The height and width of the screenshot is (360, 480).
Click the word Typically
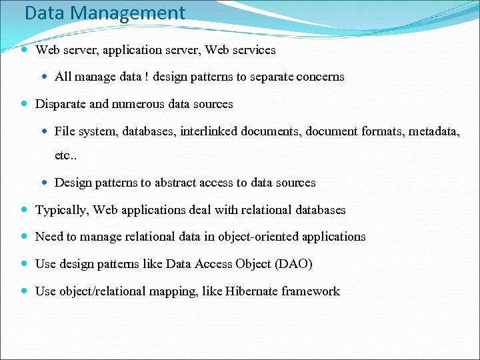62,210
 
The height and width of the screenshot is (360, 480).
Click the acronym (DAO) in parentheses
293,264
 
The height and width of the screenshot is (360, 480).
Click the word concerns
319,77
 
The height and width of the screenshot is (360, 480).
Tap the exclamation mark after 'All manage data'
146,77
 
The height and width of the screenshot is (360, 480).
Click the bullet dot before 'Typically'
25,210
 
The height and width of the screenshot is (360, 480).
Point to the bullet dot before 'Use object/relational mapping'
25,291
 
